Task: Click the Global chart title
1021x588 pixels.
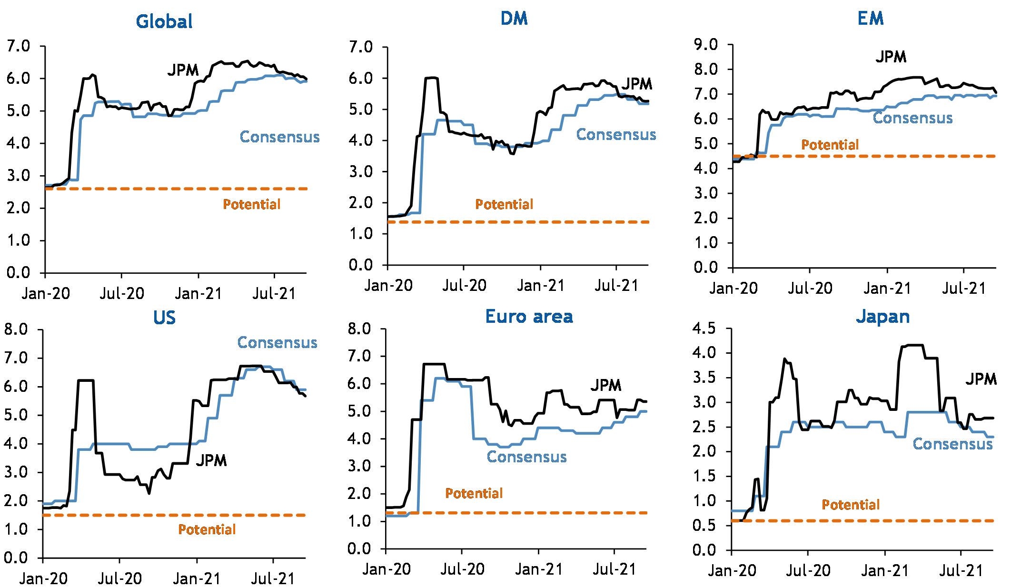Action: point(164,21)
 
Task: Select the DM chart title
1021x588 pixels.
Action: point(514,19)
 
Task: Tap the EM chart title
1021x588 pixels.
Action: point(871,19)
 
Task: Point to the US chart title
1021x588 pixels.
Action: point(164,318)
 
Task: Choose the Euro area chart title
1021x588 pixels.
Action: point(529,317)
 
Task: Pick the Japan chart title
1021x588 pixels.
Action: point(883,317)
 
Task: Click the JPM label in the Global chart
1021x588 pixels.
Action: point(183,70)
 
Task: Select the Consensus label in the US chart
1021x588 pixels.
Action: point(277,343)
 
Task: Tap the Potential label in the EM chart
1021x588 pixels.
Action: point(830,145)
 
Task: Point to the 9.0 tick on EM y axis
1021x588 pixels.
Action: point(706,45)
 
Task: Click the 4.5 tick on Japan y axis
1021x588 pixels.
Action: point(704,328)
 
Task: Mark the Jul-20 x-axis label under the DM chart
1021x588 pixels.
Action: point(464,286)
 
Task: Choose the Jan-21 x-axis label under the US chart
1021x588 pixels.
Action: point(197,579)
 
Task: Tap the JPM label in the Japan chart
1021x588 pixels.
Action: point(981,379)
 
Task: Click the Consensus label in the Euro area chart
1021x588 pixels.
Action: point(526,457)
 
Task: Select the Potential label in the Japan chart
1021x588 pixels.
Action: point(851,505)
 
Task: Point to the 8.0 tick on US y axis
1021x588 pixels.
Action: point(16,329)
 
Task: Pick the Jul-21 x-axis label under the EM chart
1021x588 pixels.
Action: point(964,289)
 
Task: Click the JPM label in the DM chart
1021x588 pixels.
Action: point(637,84)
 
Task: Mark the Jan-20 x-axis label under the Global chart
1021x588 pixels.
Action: point(46,294)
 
